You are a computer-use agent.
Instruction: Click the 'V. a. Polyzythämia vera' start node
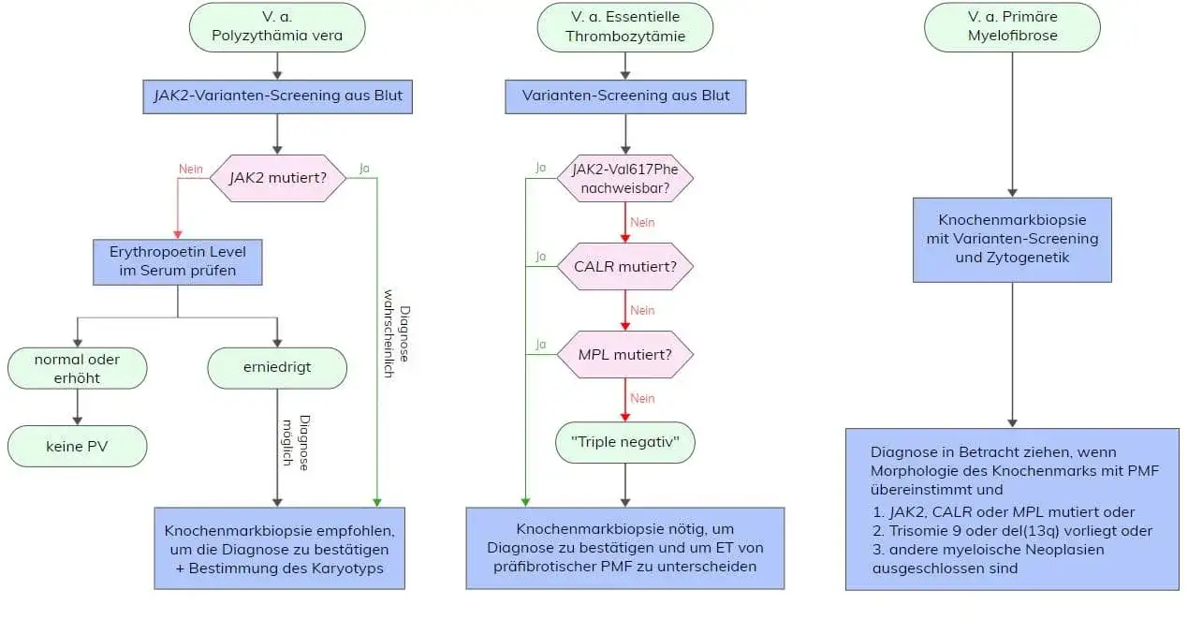277,26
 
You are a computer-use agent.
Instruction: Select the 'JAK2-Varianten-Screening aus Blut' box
278,95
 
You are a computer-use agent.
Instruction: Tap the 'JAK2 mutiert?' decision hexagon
277,178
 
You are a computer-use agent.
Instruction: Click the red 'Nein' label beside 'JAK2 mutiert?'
191,170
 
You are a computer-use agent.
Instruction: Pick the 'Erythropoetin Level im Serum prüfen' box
177,261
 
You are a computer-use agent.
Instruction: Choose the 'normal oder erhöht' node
78,368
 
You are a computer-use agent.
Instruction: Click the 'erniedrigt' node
277,368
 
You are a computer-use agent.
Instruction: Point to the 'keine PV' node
78,447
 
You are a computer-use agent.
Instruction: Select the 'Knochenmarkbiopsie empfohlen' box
279,548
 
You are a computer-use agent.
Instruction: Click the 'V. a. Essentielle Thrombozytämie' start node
624,26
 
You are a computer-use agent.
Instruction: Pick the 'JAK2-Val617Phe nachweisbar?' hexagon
625,178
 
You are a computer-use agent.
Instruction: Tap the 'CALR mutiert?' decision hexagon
625,266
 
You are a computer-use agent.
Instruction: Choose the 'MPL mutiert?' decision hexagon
625,355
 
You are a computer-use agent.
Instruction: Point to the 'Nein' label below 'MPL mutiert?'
642,398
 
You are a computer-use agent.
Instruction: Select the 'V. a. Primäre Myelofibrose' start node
1012,26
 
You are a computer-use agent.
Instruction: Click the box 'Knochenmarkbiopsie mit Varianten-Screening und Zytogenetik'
1012,239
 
